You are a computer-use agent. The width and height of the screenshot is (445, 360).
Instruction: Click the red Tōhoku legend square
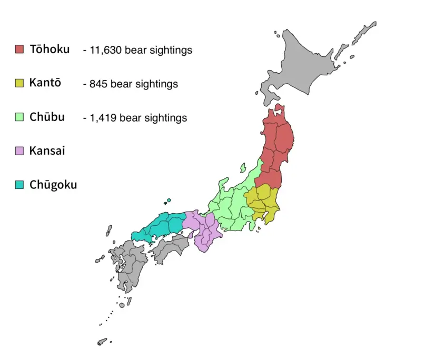point(19,49)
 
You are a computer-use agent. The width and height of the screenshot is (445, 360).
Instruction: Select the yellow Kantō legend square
point(19,83)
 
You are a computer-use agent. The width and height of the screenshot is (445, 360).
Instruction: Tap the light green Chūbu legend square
point(19,117)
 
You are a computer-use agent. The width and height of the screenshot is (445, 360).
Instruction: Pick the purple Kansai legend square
point(19,151)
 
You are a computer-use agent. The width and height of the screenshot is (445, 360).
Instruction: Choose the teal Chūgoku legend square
point(19,185)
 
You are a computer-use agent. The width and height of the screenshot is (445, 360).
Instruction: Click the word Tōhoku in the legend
point(50,49)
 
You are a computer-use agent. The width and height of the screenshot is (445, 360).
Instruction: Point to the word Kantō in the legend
point(45,83)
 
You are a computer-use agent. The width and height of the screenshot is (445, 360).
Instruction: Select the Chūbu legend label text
point(47,117)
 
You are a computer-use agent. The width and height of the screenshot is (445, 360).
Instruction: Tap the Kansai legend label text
point(47,151)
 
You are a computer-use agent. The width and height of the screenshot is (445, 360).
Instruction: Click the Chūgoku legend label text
point(53,185)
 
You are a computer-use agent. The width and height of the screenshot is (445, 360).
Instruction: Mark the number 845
point(96,84)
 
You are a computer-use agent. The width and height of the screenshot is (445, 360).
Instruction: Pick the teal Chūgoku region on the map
point(161,226)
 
